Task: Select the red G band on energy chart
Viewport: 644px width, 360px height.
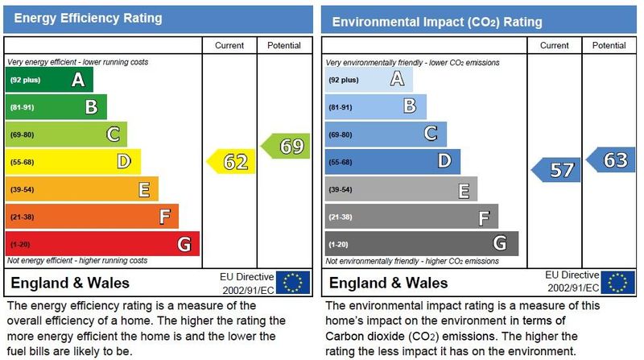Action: (x=102, y=243)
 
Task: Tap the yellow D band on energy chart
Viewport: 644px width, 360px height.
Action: (x=73, y=162)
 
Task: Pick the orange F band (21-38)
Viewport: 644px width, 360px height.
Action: (x=92, y=216)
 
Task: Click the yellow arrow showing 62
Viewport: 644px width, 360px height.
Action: (x=233, y=162)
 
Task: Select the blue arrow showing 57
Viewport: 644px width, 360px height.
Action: (x=558, y=170)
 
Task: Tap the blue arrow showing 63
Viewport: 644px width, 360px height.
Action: (x=611, y=159)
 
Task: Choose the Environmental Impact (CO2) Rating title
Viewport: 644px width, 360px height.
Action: (x=437, y=22)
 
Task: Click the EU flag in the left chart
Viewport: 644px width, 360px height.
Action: (x=293, y=282)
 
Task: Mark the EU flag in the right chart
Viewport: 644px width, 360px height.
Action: (x=618, y=282)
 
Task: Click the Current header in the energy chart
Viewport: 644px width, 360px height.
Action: (x=229, y=46)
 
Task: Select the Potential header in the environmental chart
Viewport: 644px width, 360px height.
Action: (x=609, y=46)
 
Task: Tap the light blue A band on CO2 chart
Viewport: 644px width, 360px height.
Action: (x=368, y=79)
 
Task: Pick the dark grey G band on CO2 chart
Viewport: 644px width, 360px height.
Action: (x=422, y=243)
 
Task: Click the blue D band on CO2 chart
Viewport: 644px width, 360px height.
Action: (x=393, y=162)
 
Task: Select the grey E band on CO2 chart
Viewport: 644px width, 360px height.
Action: (x=401, y=189)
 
